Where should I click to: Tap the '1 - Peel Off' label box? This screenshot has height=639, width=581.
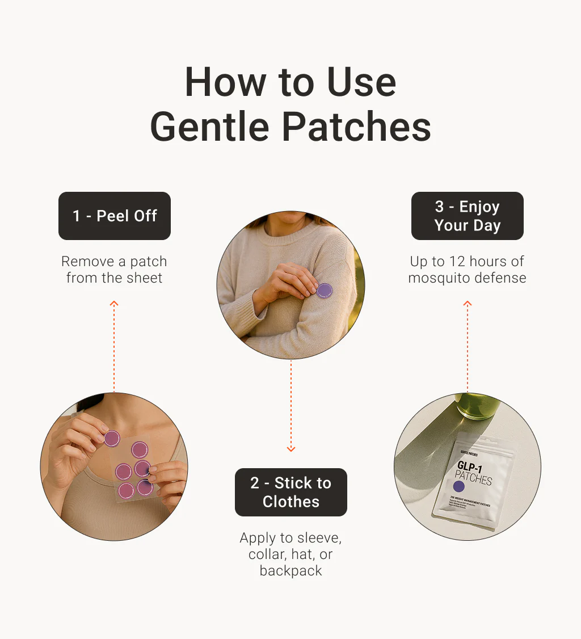point(115,216)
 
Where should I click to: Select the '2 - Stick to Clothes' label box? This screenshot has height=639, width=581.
point(290,492)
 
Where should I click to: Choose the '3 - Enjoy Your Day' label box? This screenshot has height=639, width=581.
point(467,216)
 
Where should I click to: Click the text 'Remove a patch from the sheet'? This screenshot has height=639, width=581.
point(115,270)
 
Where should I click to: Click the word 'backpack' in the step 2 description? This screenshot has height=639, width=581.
point(290,571)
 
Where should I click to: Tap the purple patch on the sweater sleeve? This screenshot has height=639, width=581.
point(324,291)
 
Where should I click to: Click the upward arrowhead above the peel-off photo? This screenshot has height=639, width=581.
point(114,304)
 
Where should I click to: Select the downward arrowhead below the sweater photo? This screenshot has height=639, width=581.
point(291,449)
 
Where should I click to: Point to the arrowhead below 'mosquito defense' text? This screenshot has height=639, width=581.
point(468,304)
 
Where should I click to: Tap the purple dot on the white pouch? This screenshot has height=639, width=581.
point(459,486)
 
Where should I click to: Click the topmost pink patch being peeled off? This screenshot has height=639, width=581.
point(112,438)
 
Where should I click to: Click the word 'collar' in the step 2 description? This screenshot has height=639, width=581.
point(267,554)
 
